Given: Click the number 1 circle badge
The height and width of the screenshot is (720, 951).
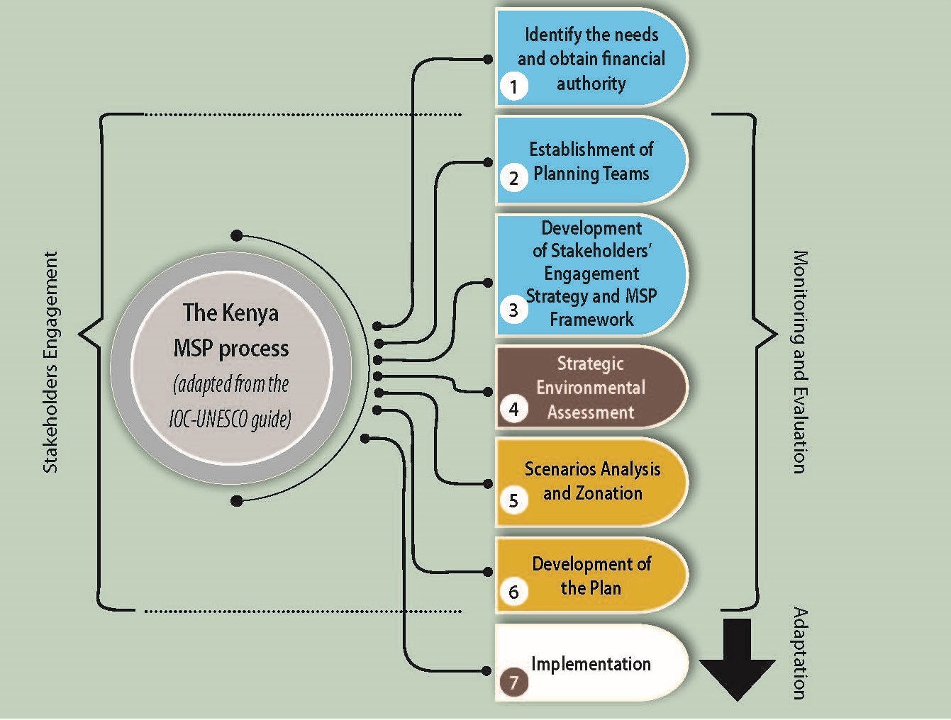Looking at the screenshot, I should (513, 87).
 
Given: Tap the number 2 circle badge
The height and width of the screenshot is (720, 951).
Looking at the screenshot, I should (513, 178).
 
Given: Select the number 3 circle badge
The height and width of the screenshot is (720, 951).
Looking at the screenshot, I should (513, 310).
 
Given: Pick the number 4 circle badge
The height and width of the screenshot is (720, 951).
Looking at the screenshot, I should (513, 409).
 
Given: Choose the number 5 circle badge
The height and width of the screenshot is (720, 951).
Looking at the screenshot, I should (513, 500).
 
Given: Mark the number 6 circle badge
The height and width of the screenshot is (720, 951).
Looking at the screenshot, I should (513, 592).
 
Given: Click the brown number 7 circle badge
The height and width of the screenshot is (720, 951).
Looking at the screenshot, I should (513, 682).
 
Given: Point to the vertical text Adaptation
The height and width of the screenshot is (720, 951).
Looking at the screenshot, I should (799, 653).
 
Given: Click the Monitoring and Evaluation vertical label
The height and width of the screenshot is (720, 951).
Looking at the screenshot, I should (799, 361).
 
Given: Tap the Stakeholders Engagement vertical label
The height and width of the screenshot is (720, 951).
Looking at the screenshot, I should (50, 361).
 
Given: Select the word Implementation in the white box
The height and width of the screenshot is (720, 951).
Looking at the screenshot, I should (591, 664).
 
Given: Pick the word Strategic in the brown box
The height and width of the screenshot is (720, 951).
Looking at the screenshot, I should (590, 364).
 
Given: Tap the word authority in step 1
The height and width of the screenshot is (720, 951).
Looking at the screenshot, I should (591, 84).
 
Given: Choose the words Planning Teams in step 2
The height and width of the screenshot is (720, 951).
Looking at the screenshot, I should (591, 174).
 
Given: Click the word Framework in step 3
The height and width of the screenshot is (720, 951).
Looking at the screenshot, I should (591, 320).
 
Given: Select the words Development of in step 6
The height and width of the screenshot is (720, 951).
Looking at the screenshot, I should (591, 564).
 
